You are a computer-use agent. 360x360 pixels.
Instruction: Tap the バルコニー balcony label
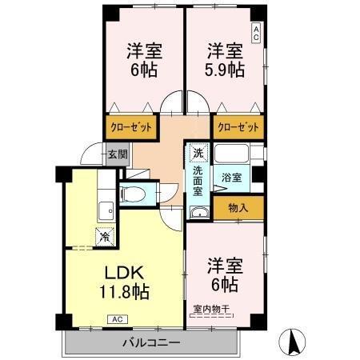(x=150, y=343)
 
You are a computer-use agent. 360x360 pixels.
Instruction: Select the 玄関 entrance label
(x=117, y=154)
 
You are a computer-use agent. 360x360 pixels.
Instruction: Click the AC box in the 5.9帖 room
(x=256, y=33)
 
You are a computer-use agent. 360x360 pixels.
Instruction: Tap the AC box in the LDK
(x=116, y=319)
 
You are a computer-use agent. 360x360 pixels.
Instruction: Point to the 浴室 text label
(x=231, y=178)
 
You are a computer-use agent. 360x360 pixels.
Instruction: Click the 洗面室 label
(x=198, y=180)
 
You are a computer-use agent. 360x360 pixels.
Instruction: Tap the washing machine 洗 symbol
(x=198, y=151)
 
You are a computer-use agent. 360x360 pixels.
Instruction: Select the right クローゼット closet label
(x=238, y=126)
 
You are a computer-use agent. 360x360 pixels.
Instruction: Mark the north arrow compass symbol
(x=294, y=342)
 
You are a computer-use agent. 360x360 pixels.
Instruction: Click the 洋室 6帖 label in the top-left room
(x=144, y=59)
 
